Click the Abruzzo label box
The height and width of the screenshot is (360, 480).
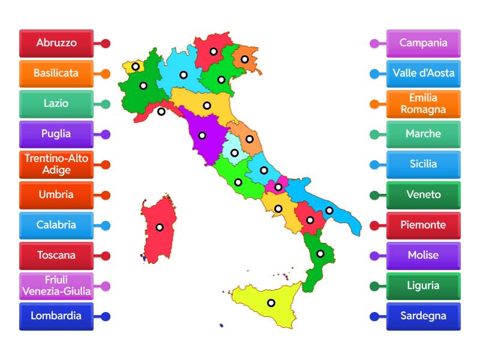tap(56, 43)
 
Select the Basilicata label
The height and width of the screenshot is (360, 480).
tap(56, 74)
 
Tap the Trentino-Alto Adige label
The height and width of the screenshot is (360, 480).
tap(56, 164)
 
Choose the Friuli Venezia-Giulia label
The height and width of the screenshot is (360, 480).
tap(56, 286)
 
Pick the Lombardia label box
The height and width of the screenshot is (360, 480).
tap(56, 316)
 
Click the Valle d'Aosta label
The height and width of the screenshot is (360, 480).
tap(424, 74)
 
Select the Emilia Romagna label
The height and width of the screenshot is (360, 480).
tap(424, 104)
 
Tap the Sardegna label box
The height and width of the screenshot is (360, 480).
tap(424, 316)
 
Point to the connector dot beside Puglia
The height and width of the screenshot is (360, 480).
tap(106, 134)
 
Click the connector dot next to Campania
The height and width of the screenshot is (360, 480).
tap(374, 43)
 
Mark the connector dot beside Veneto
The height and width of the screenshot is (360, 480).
tap(374, 195)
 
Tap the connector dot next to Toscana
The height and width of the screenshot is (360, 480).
tap(106, 256)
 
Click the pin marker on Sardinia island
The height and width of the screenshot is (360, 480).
tap(160, 227)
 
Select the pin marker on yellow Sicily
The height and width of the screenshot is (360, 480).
tap(271, 303)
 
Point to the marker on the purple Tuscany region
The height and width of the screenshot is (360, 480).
tap(203, 135)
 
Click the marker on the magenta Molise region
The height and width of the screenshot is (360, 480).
tap(278, 187)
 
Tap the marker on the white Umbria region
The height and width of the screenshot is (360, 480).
tap(235, 153)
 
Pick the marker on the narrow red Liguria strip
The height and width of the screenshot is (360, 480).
tap(161, 111)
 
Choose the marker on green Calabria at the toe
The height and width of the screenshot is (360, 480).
tap(320, 254)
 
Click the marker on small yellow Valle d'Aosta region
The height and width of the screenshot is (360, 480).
tap(136, 67)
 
